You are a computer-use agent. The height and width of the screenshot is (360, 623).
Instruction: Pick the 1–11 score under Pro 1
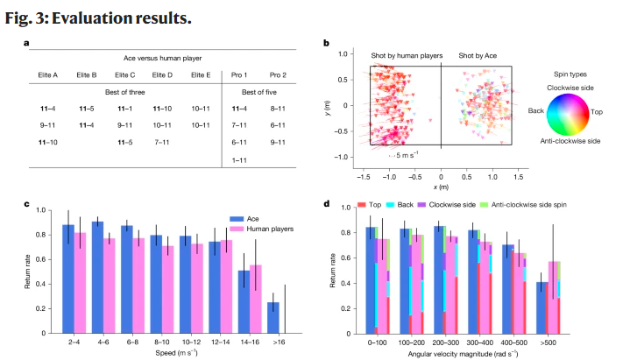[239, 160]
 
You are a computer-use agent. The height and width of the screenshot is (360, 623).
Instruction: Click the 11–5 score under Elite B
[85, 109]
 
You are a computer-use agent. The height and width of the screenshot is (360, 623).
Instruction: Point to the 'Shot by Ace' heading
[482, 55]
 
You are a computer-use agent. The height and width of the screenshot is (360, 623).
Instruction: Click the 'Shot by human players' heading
[400, 55]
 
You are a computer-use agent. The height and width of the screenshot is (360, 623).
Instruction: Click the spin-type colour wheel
[572, 111]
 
